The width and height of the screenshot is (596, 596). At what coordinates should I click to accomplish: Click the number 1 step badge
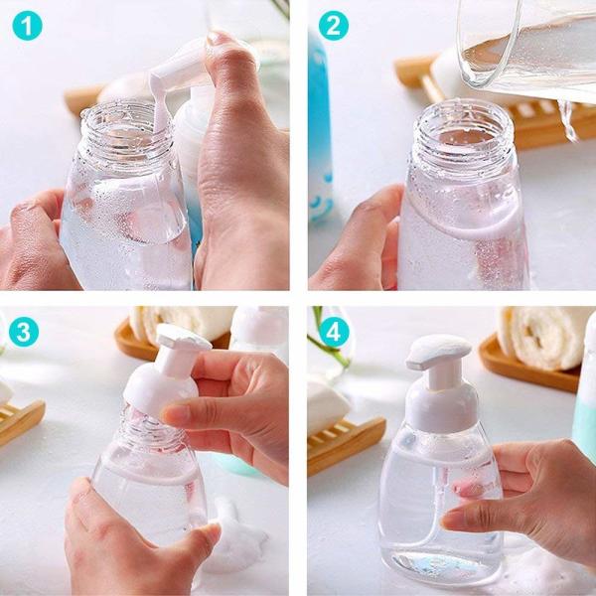point(27,26)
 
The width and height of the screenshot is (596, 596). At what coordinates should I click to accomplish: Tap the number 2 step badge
point(333,26)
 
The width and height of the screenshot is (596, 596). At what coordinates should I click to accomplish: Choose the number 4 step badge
point(333,332)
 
